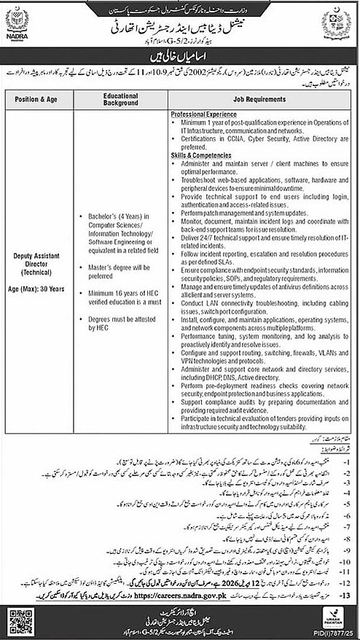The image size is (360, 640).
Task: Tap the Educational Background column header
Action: coord(121,98)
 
